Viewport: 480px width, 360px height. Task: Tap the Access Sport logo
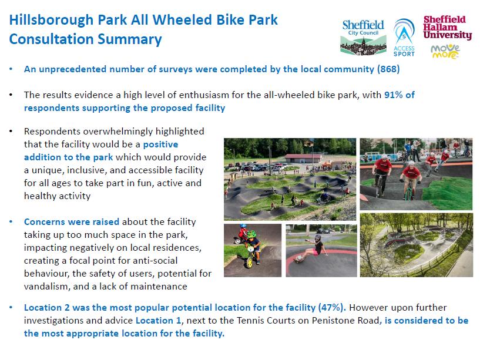(404, 38)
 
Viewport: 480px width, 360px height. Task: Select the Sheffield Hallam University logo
(447, 28)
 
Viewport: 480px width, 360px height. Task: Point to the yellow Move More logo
(445, 52)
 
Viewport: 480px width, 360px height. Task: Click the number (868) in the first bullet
(388, 69)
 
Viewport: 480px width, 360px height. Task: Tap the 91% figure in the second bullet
(394, 95)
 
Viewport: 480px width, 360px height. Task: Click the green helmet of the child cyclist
(251, 234)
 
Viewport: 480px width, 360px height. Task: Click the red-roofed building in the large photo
(303, 159)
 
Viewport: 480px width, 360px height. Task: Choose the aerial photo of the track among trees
(417, 245)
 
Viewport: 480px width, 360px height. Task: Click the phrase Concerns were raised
(72, 221)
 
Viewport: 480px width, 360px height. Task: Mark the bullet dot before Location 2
(11, 307)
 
